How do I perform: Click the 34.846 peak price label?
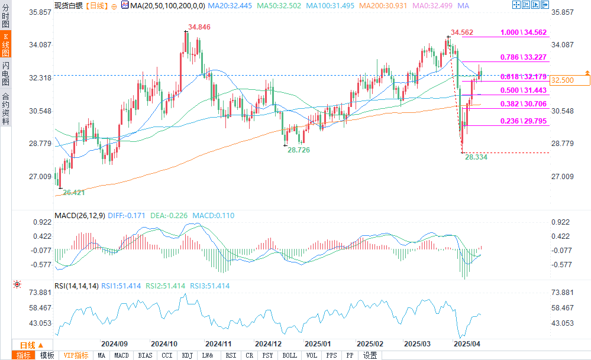tap(199, 27)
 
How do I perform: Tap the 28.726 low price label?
tap(299, 150)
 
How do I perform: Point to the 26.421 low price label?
tap(75, 192)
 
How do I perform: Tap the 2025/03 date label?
tap(417, 343)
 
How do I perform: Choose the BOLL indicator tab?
tap(289, 355)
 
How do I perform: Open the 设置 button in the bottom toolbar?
tap(370, 355)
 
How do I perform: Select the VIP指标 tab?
tap(76, 355)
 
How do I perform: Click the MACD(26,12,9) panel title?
tap(79, 216)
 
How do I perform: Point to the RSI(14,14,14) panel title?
tap(76, 286)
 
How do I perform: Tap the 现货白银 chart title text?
tap(68, 5)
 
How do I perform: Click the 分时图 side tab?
tap(5, 18)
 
